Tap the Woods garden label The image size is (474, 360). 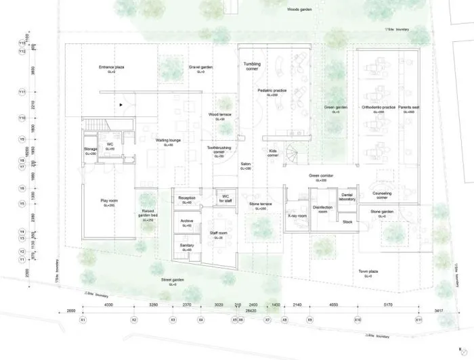coord(299,10)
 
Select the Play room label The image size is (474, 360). coord(108,202)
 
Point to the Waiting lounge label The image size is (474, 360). coord(167,141)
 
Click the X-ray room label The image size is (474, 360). coord(297,216)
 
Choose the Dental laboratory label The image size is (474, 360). coord(347,197)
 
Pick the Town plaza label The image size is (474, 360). coord(368,273)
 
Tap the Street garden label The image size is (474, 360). coord(173,280)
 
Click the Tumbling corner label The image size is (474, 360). coord(251,66)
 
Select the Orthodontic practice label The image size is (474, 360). coord(378,108)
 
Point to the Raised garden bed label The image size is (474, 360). coord(150,217)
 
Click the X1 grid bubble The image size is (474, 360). coord(83,319)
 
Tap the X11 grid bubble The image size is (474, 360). coord(419,319)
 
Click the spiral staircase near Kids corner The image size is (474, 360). coord(292,155)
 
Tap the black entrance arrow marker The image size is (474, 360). coord(121,105)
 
